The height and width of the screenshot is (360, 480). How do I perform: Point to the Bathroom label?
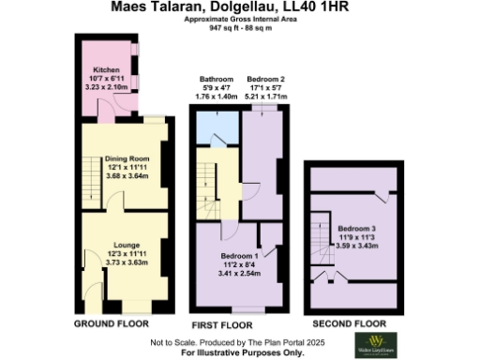214,80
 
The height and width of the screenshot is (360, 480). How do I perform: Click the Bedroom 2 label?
265,80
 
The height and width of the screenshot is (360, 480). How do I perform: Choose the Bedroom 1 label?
240,255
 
